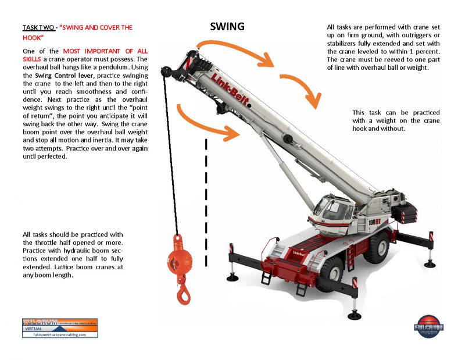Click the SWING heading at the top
pyautogui.click(x=227, y=27)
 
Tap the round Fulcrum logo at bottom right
pyautogui.click(x=430, y=327)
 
